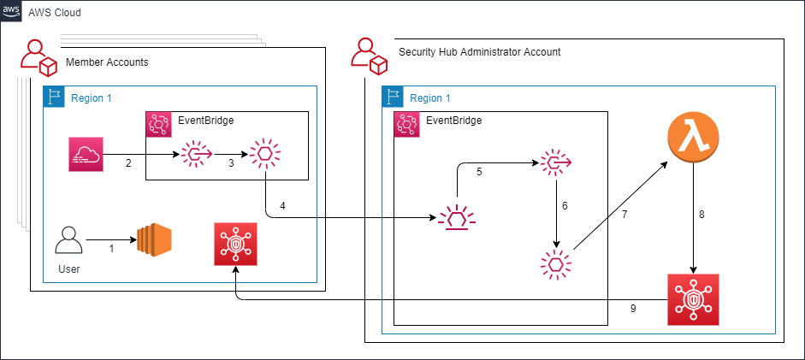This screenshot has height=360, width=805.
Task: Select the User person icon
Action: pyautogui.click(x=68, y=241)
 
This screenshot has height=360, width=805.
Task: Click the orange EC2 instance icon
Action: pyautogui.click(x=155, y=241)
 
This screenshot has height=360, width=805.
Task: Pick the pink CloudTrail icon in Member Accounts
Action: pyautogui.click(x=86, y=155)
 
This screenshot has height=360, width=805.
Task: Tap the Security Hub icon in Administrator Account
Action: pyautogui.click(x=694, y=299)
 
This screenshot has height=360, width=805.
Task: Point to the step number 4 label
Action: pyautogui.click(x=283, y=205)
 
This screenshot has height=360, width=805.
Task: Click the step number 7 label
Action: pyautogui.click(x=624, y=215)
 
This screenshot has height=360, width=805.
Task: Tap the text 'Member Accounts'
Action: pyautogui.click(x=107, y=62)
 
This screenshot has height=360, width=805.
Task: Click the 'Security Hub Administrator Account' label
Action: pyautogui.click(x=479, y=52)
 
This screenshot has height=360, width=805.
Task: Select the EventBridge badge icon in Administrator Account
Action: pyautogui.click(x=405, y=123)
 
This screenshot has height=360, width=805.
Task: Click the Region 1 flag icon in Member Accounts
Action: pyautogui.click(x=55, y=97)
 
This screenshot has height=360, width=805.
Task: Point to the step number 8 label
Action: pyautogui.click(x=701, y=215)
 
